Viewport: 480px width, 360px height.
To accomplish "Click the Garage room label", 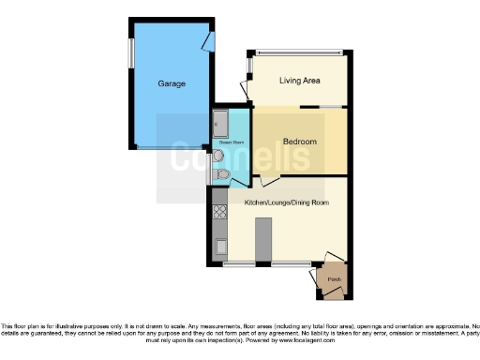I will click(172, 83).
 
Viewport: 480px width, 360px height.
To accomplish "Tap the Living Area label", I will click(300, 81).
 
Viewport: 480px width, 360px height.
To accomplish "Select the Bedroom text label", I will click(300, 142).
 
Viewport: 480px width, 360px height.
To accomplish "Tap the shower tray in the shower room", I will click(220, 121).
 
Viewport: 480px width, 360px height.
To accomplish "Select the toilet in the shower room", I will click(221, 173).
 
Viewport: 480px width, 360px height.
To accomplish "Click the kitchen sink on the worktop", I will click(221, 247).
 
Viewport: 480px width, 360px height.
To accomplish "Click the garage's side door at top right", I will click(209, 39).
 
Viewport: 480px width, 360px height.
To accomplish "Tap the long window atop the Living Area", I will click(299, 52).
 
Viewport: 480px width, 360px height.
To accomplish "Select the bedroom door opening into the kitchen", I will click(269, 180).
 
